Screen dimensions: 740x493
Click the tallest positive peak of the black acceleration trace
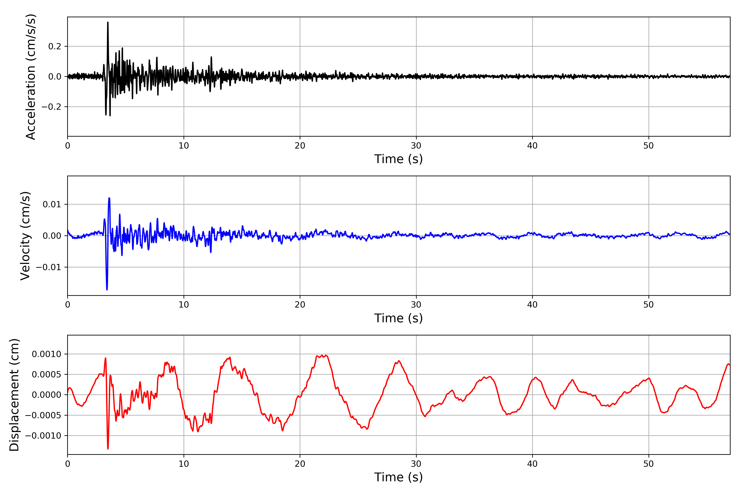coord(108,22)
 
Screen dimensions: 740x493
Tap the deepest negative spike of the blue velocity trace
coord(107,289)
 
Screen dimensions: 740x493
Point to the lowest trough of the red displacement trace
coord(108,448)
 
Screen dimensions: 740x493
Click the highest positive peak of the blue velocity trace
coord(109,198)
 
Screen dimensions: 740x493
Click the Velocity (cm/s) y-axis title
coord(25,236)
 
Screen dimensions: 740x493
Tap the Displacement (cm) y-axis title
coord(14,395)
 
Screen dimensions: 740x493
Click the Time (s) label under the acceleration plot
coord(398,159)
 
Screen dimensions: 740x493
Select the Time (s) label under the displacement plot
coord(398,477)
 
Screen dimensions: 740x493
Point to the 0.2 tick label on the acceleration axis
coord(55,47)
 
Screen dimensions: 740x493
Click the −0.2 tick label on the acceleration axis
coord(51,107)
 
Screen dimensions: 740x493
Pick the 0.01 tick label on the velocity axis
coord(52,205)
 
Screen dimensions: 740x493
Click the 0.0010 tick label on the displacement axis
coord(47,354)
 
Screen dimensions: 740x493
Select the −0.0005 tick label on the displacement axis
coord(43,416)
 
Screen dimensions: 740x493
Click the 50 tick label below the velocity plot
coord(649,305)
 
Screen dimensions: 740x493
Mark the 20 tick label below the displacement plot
coord(300,464)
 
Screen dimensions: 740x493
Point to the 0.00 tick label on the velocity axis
coord(52,236)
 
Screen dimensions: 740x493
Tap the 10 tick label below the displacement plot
coord(184,464)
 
